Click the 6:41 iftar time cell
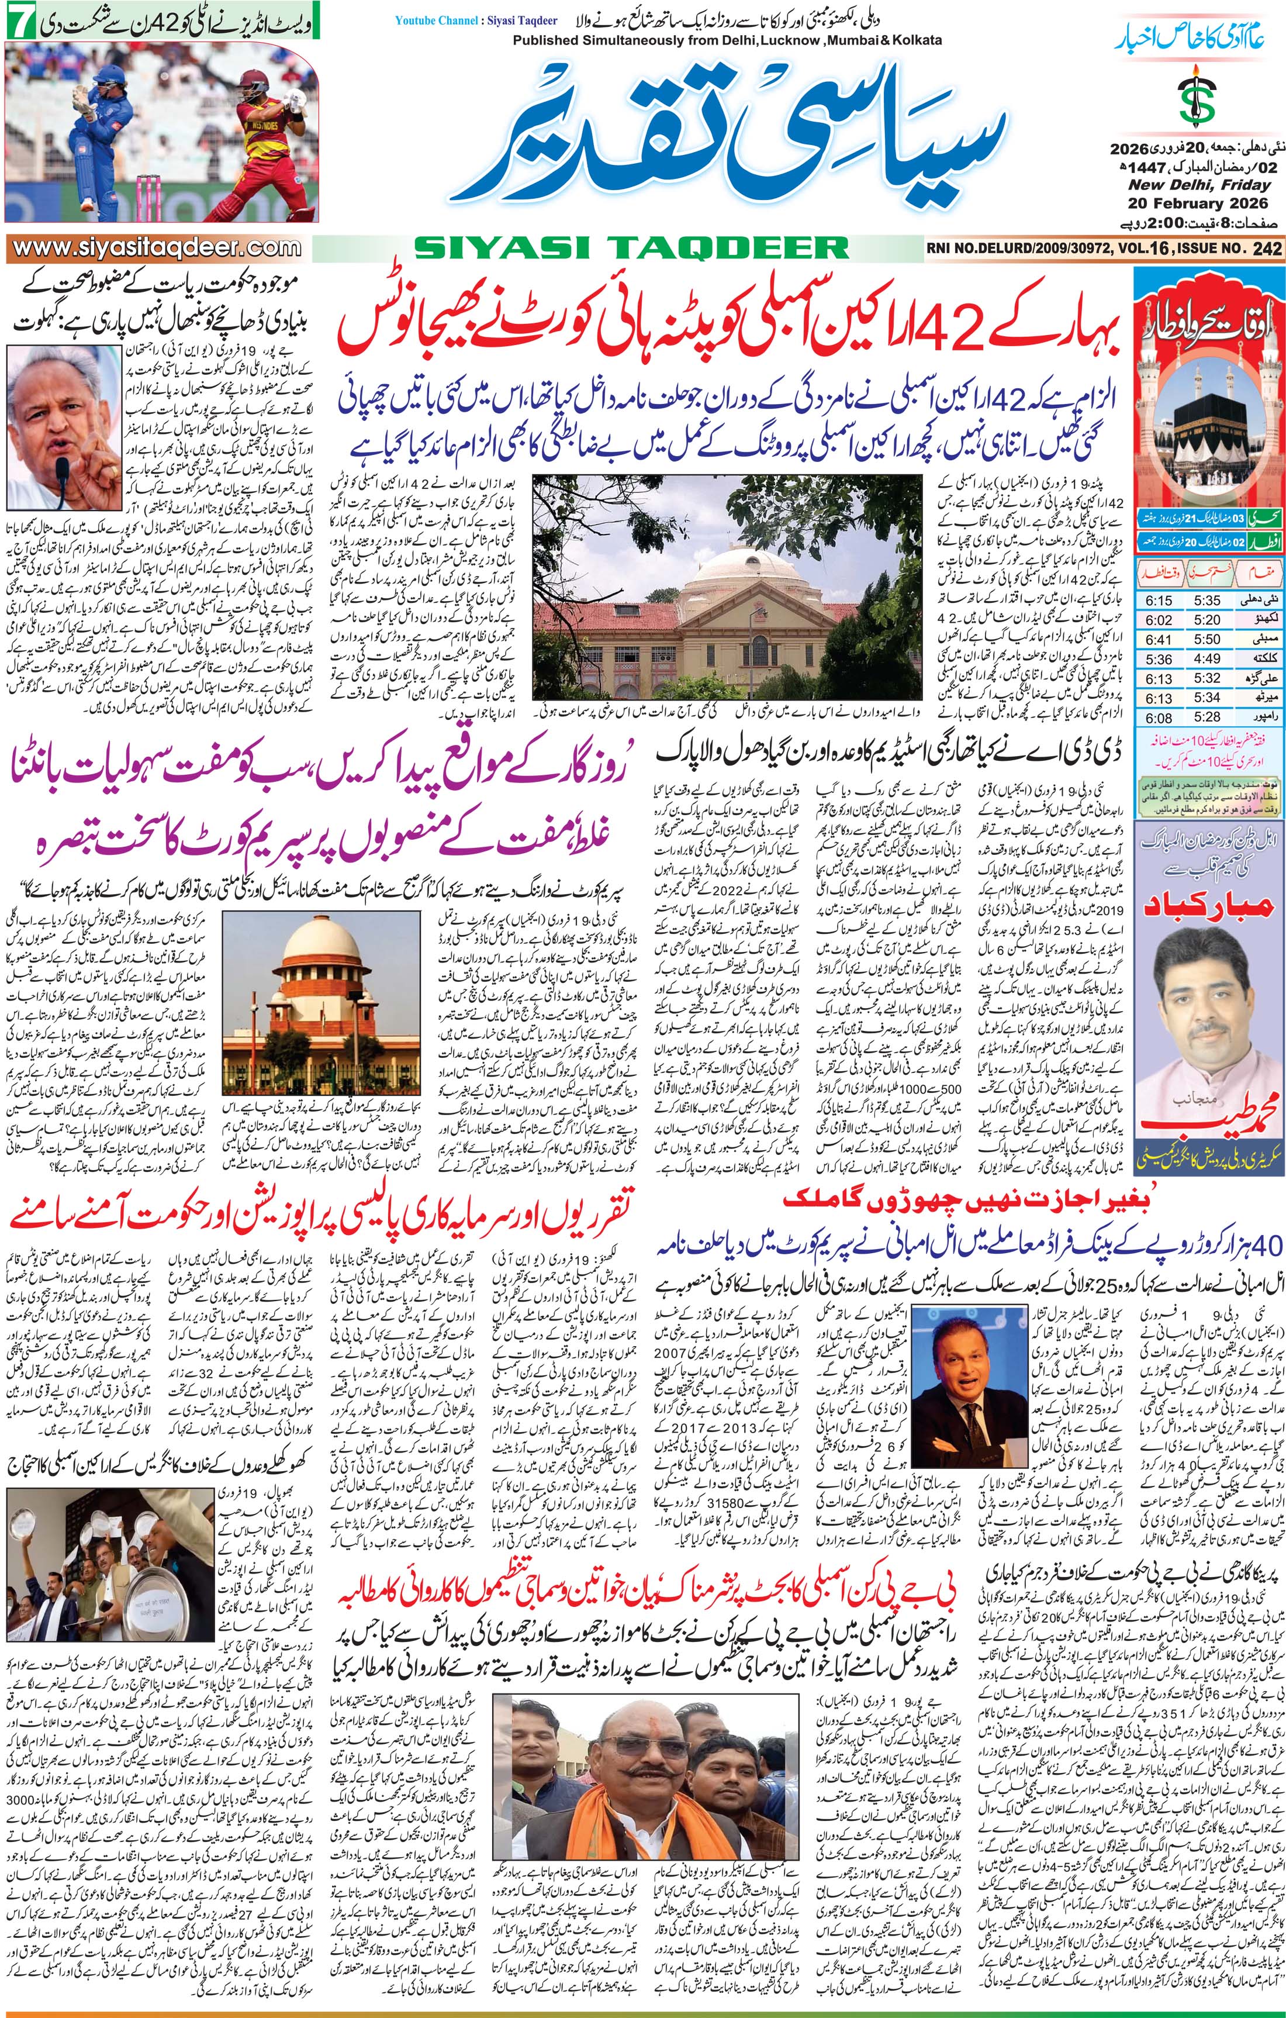(x=1159, y=639)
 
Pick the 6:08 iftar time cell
(x=1159, y=717)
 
